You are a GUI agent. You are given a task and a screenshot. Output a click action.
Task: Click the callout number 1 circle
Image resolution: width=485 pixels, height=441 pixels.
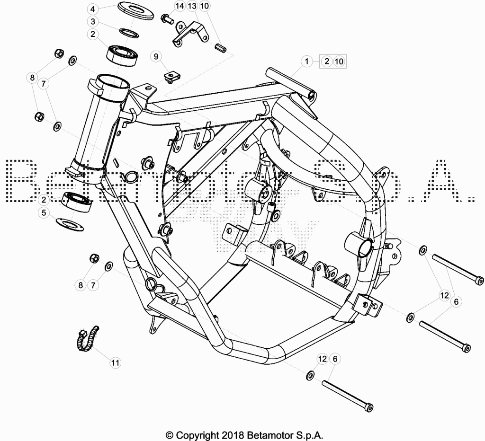(x=307, y=61)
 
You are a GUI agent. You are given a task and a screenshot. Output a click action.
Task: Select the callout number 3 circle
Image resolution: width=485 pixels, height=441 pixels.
(x=93, y=22)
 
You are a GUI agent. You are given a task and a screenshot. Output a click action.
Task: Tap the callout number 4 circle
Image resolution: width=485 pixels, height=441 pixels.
(x=93, y=9)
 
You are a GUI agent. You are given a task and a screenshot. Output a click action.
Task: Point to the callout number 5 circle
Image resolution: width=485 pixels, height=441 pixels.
(x=44, y=212)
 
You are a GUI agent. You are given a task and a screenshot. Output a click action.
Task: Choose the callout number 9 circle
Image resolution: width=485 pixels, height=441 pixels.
(x=156, y=56)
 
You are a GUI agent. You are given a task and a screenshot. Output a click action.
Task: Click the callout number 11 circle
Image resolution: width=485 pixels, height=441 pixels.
(x=116, y=362)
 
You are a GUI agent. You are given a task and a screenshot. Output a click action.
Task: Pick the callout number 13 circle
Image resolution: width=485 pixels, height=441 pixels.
(x=192, y=6)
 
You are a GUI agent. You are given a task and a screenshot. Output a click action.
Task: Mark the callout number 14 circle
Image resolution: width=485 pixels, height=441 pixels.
(x=180, y=6)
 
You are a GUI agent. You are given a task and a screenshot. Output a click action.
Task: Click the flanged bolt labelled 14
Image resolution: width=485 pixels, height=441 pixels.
(x=167, y=18)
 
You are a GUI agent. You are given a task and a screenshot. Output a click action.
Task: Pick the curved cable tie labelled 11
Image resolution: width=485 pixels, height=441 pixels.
(x=87, y=339)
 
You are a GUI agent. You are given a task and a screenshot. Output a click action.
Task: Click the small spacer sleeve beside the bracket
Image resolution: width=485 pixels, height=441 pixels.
(x=221, y=48)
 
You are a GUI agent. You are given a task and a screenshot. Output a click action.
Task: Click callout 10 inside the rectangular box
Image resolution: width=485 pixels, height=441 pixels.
(x=339, y=61)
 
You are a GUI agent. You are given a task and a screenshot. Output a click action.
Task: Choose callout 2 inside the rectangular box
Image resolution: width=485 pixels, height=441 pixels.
(x=327, y=61)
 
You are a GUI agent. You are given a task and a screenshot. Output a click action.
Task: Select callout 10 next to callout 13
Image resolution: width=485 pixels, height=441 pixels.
(x=204, y=6)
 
